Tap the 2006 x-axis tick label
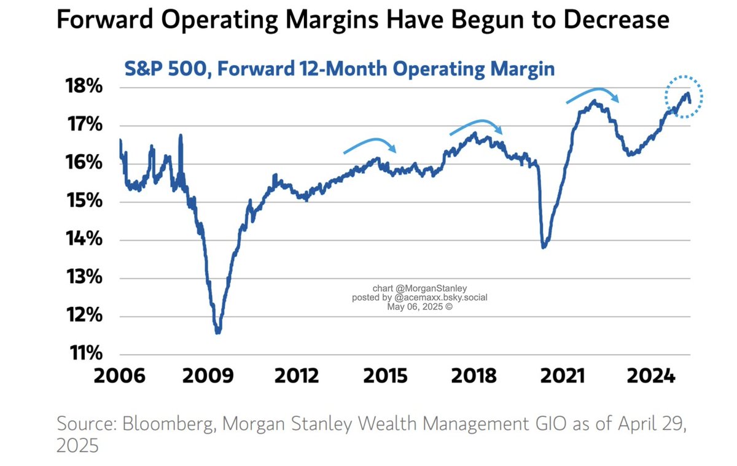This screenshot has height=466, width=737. (120, 375)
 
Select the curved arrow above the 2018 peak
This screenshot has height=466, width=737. (477, 126)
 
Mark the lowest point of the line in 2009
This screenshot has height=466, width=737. (217, 332)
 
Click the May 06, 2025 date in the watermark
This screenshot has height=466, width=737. (420, 306)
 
